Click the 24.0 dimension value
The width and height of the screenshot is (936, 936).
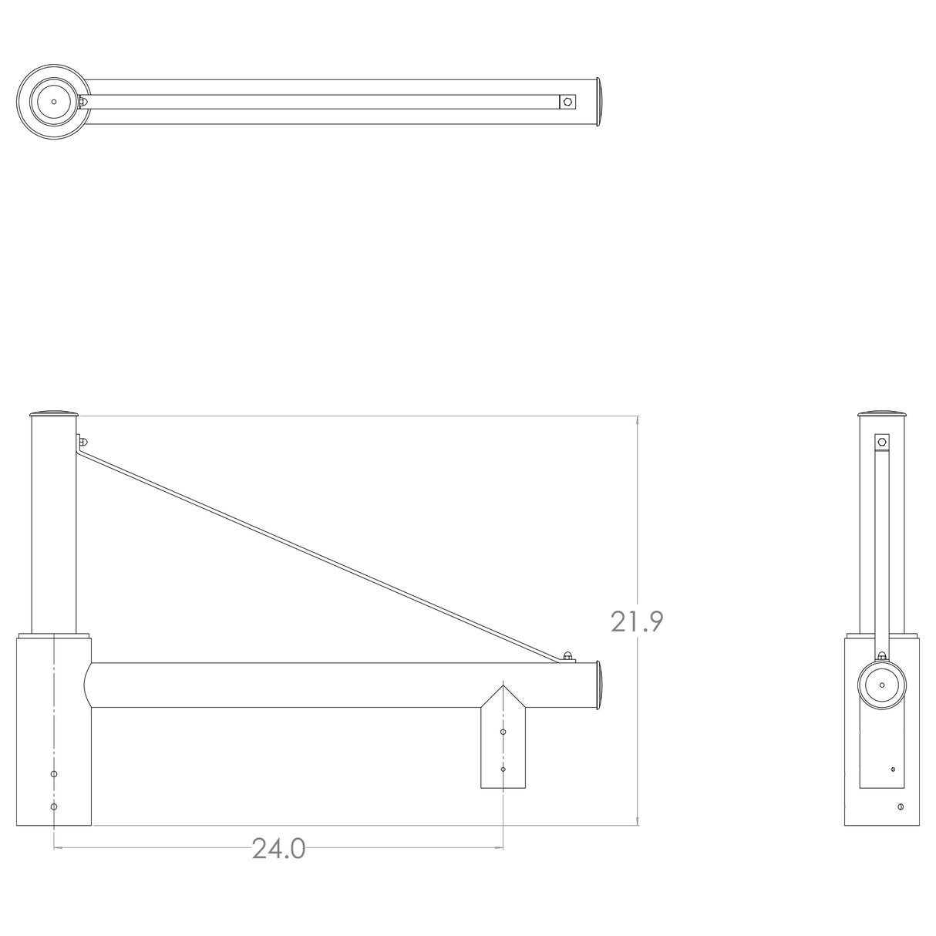(x=278, y=849)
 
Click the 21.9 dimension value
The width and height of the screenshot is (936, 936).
(x=637, y=621)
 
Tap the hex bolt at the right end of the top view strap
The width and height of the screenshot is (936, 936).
(x=568, y=101)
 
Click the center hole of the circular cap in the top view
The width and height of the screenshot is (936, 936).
(x=54, y=101)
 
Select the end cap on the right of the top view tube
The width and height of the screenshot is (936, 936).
(x=601, y=101)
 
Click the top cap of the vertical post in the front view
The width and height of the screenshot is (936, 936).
(x=54, y=413)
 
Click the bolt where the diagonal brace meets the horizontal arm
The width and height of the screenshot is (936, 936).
(x=568, y=656)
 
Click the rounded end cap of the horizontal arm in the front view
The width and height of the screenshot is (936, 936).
(x=601, y=685)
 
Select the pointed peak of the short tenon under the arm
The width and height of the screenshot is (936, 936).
(x=503, y=685)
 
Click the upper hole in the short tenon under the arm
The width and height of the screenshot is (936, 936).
(x=503, y=732)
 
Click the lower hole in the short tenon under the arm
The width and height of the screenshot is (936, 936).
(x=503, y=769)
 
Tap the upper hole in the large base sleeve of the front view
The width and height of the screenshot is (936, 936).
(x=53, y=773)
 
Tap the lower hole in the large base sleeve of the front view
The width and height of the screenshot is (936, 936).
(x=53, y=806)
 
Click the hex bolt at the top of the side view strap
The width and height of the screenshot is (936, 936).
(x=881, y=443)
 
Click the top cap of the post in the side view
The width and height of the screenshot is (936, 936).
(x=882, y=413)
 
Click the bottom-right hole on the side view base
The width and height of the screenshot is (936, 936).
(x=901, y=806)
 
